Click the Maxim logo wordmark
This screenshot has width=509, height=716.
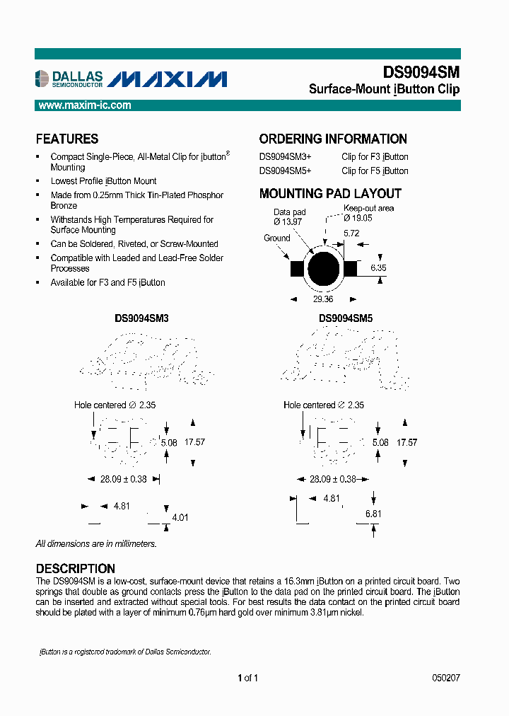click(169, 79)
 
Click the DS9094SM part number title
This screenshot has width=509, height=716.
click(421, 72)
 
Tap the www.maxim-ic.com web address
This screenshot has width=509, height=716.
click(84, 105)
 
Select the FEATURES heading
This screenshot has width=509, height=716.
click(67, 139)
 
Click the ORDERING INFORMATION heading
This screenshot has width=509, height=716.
click(333, 139)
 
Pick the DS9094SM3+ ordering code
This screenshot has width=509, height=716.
click(285, 157)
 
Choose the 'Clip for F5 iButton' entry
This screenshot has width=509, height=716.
click(375, 171)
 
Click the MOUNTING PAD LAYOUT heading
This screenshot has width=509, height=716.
click(330, 194)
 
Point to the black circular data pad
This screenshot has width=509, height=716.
click(324, 269)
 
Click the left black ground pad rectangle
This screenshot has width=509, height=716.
click(296, 269)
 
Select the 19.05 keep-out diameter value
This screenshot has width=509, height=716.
click(358, 218)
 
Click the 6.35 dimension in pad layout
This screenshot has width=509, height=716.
click(378, 269)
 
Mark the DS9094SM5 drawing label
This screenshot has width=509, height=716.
click(346, 319)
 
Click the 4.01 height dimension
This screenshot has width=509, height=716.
click(182, 517)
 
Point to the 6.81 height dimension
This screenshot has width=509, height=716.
click(374, 513)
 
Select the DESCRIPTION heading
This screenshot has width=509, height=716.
click(76, 569)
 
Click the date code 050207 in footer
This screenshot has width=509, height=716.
click(445, 678)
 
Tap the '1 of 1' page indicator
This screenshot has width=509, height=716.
click(247, 678)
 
